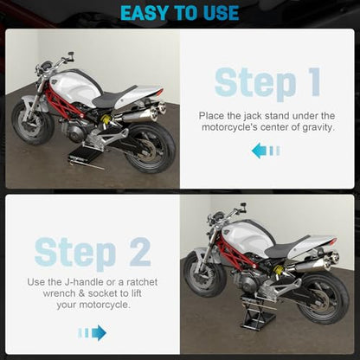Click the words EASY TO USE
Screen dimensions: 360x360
[x=179, y=13]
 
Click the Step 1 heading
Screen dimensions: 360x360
[x=267, y=82]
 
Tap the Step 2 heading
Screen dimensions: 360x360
[x=93, y=253]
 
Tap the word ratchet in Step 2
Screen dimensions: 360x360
[x=142, y=282]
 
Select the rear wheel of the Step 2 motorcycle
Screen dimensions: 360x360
[x=324, y=296]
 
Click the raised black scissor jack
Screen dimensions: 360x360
[x=258, y=313]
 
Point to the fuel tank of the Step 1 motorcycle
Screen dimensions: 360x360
[x=76, y=85]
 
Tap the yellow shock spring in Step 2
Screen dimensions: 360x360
[x=279, y=271]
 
